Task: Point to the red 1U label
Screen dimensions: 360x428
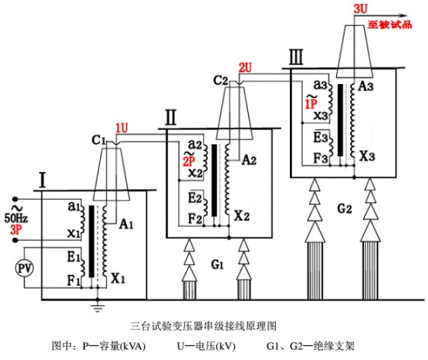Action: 122,127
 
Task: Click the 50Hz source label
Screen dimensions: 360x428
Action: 16,219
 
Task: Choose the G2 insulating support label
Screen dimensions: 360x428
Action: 343,208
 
